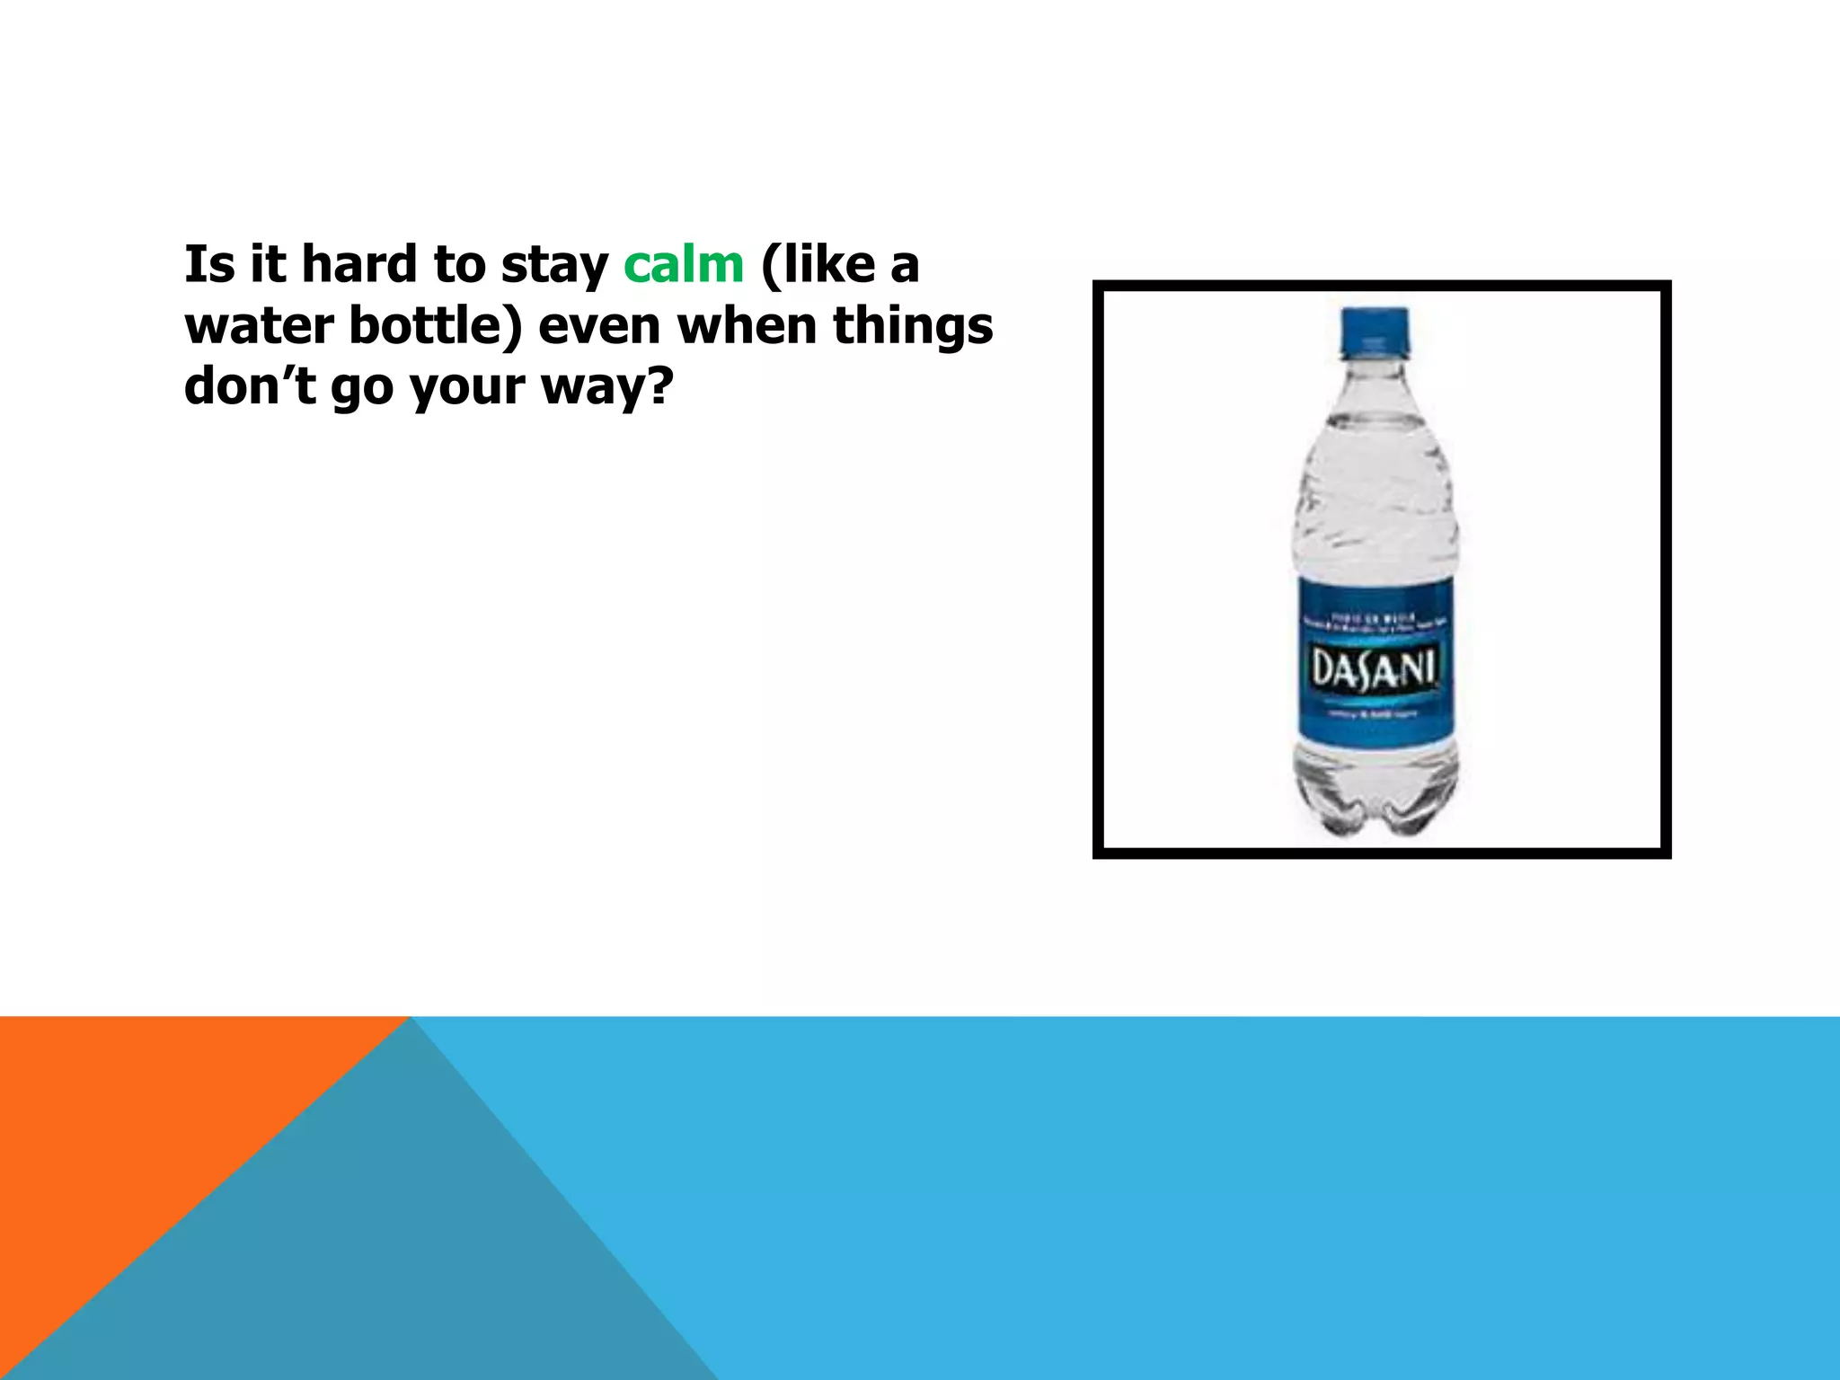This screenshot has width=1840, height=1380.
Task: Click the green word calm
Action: (684, 265)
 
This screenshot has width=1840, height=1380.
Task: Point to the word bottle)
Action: (435, 325)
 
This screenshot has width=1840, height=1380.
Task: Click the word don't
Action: (250, 386)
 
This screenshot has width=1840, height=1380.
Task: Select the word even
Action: (599, 327)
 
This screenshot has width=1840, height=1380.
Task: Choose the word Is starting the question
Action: (208, 265)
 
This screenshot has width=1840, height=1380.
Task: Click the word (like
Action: (818, 265)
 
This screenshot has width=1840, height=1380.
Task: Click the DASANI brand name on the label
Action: (1376, 668)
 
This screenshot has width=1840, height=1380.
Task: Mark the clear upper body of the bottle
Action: (1375, 485)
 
